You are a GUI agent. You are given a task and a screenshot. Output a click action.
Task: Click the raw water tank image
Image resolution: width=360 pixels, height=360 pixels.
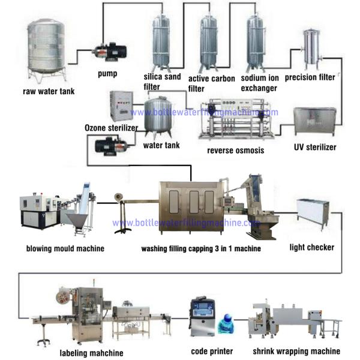coord(47,51)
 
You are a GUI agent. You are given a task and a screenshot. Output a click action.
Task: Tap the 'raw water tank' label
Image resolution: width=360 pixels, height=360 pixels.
coord(48,92)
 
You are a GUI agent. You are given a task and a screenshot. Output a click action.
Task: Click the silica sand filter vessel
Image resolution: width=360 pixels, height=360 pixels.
coord(161,41)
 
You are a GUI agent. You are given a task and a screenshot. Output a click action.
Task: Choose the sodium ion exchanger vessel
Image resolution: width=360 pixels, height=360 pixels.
coord(256,41)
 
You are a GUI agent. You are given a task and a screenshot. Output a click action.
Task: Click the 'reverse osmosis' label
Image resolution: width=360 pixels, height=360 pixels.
coord(235,150)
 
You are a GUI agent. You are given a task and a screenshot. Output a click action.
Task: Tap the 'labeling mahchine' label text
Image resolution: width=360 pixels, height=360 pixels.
coord(92,353)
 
